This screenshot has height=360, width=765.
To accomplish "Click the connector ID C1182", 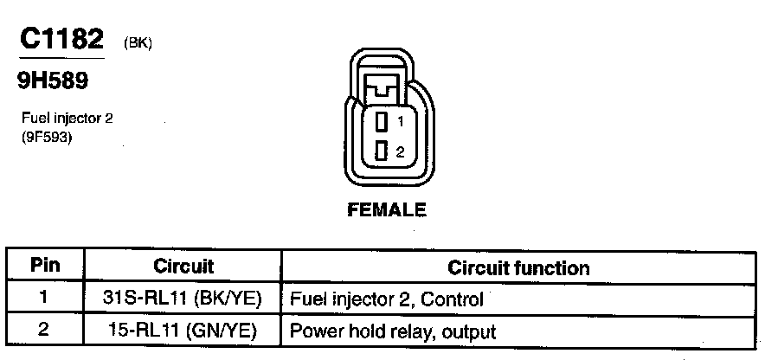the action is [61, 39].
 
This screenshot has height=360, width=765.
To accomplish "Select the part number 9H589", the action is [53, 80].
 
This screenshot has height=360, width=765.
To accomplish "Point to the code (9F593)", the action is [46, 135].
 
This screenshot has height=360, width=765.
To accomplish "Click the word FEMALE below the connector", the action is [387, 209].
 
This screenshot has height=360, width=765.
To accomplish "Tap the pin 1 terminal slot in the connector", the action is [381, 122].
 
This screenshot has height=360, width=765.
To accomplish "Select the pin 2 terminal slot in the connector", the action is [381, 151].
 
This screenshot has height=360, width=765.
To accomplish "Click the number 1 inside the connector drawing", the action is [400, 122].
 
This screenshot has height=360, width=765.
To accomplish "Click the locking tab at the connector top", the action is [382, 87].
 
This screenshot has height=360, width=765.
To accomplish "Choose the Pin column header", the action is [45, 266].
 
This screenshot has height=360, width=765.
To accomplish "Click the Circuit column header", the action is [183, 266].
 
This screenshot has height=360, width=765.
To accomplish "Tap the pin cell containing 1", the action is [45, 299].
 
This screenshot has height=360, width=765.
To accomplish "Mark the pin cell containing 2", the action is [45, 330].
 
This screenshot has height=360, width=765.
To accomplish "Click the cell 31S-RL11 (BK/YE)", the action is [183, 299].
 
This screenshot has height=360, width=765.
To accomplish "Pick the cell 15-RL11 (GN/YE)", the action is [183, 331].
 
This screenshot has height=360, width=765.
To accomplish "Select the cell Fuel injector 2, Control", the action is [386, 299].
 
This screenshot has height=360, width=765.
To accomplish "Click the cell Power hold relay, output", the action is [393, 331].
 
